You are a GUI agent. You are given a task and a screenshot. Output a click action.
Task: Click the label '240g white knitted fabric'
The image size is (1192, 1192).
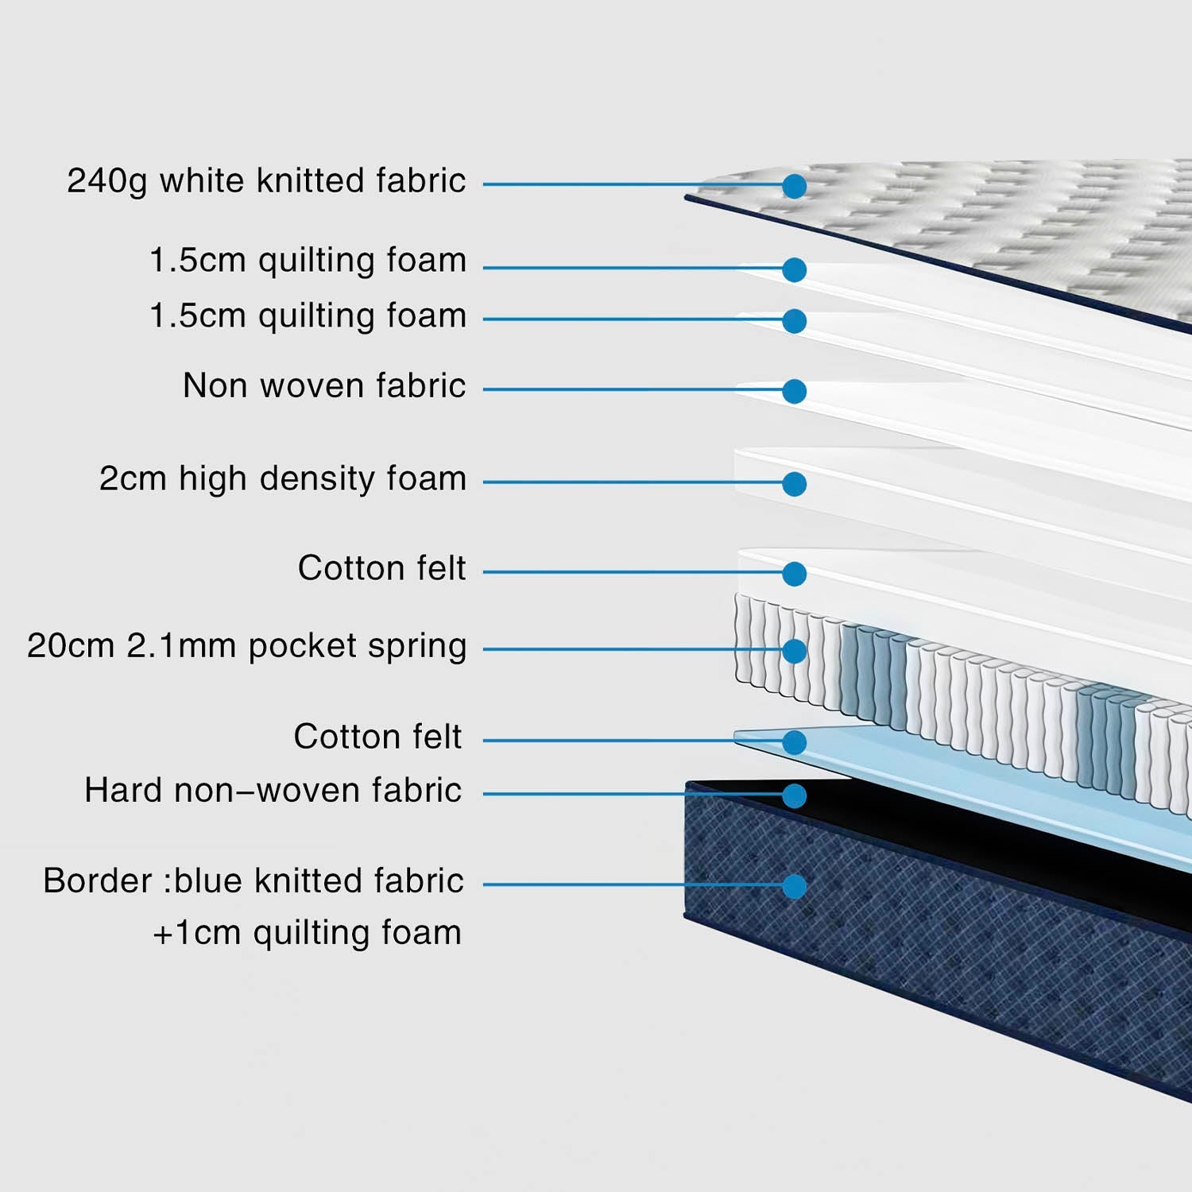pyautogui.click(x=266, y=181)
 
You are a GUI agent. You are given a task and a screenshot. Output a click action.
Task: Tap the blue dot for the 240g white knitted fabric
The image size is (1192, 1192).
pyautogui.click(x=794, y=186)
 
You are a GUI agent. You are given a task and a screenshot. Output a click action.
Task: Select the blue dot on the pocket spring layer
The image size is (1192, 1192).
pyautogui.click(x=794, y=651)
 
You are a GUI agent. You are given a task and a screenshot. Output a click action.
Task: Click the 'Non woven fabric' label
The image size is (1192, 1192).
pyautogui.click(x=324, y=386)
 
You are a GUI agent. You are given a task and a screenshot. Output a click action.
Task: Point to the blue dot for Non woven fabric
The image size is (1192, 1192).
pyautogui.click(x=794, y=391)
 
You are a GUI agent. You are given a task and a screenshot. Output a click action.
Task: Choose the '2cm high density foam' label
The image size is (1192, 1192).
pyautogui.click(x=282, y=479)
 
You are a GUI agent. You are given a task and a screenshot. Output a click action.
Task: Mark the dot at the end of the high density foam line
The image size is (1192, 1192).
pyautogui.click(x=794, y=484)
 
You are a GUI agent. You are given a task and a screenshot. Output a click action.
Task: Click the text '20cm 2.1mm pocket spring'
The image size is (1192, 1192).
pyautogui.click(x=246, y=647)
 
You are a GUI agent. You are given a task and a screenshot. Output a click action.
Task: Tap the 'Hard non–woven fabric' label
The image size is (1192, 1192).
pyautogui.click(x=273, y=791)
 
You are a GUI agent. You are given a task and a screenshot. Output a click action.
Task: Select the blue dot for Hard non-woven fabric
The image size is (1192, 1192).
pyautogui.click(x=794, y=795)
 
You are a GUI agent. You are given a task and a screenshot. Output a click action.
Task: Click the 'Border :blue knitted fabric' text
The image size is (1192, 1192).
pyautogui.click(x=253, y=881)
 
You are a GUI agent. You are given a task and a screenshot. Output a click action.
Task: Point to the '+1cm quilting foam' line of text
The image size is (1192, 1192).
pyautogui.click(x=307, y=933)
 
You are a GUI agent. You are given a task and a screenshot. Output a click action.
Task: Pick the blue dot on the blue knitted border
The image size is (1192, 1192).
pyautogui.click(x=794, y=886)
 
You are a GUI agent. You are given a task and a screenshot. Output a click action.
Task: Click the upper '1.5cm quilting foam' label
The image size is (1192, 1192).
pyautogui.click(x=308, y=261)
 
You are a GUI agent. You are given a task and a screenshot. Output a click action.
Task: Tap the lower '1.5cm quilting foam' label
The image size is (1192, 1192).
pyautogui.click(x=308, y=316)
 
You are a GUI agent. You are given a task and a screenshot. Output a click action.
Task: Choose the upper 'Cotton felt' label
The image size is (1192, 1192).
pyautogui.click(x=381, y=568)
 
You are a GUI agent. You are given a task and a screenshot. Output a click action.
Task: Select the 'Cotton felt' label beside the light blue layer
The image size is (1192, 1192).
pyautogui.click(x=377, y=737)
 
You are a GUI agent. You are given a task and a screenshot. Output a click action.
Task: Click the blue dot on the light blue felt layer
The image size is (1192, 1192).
pyautogui.click(x=794, y=742)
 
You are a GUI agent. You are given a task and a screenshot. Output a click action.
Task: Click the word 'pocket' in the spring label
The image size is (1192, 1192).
pyautogui.click(x=302, y=647)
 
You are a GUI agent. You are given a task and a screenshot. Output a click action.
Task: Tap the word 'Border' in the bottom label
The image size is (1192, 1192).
pyautogui.click(x=97, y=881)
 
